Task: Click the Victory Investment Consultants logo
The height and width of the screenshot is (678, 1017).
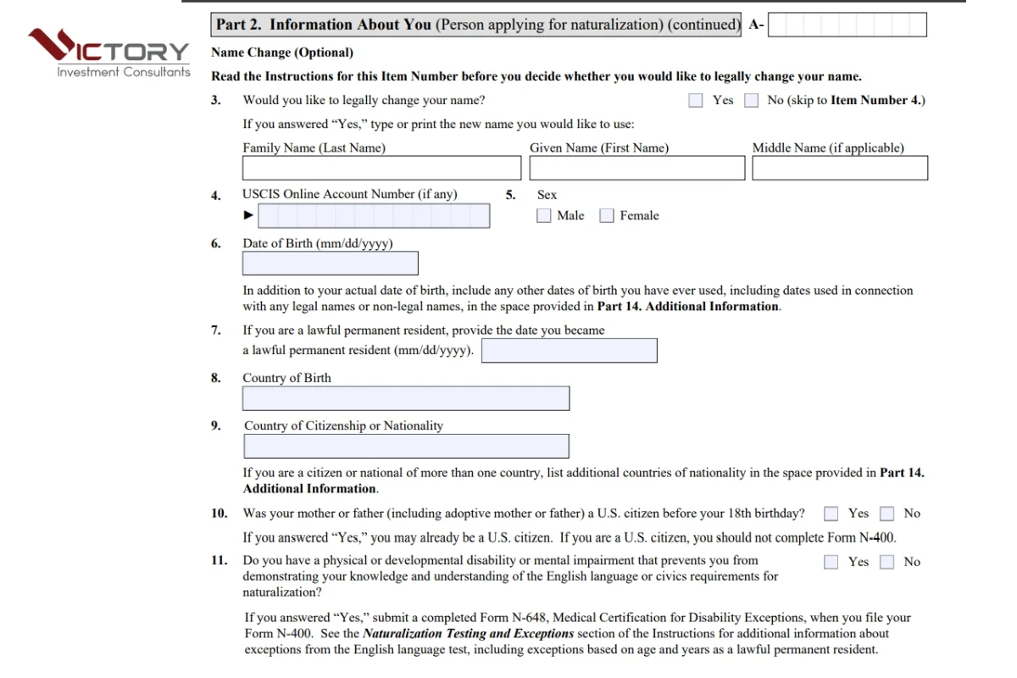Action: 108,53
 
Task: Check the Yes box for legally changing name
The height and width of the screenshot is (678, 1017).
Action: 696,100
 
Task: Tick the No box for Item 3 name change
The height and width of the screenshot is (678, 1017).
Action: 751,100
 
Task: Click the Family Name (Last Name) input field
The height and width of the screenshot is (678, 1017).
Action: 381,168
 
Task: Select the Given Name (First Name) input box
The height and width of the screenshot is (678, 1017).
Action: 636,168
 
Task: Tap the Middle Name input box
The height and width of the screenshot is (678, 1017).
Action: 839,168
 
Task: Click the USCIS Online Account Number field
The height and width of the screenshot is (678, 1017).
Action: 374,216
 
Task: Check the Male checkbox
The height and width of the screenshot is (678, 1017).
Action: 544,216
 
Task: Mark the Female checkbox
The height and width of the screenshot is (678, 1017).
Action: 607,216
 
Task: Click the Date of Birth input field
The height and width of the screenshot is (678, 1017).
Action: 330,264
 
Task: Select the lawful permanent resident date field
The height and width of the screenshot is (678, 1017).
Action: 569,350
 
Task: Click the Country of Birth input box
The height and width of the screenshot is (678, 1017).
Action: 406,398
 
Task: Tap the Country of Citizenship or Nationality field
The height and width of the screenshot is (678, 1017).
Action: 406,446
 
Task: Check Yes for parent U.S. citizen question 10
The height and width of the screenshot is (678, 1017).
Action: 831,514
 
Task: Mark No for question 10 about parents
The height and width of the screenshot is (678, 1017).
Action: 886,514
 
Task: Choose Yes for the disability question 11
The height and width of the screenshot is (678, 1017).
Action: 831,562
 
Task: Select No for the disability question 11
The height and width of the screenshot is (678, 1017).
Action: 886,562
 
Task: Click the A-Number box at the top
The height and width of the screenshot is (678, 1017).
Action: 847,25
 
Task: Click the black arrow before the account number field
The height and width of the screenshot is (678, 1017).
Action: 248,215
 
